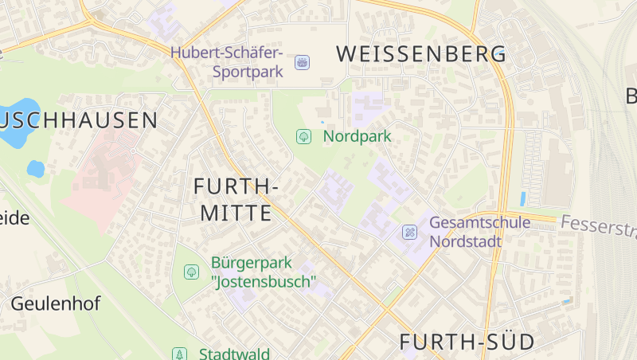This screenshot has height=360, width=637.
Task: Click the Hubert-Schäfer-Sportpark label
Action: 227,62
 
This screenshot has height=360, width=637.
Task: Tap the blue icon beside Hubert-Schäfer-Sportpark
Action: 302,62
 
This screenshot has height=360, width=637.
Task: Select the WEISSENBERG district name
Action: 421,54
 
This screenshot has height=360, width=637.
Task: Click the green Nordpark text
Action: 357,136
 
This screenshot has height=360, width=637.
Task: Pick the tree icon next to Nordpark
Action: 303,136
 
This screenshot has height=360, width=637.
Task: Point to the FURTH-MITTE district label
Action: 236,199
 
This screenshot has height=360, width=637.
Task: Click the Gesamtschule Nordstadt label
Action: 479,231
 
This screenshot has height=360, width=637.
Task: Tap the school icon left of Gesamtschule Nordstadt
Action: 409,232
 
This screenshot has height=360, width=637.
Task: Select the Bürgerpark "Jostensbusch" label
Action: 264,272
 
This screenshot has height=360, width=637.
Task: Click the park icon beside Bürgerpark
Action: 191,272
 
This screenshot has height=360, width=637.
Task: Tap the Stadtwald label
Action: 234,354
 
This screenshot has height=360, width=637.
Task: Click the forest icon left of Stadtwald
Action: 180,354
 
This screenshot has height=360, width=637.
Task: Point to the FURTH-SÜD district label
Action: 467,342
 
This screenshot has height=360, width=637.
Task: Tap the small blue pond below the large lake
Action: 35,169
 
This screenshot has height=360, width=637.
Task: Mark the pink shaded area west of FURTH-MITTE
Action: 104,175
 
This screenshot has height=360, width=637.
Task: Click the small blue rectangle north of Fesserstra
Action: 522,199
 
